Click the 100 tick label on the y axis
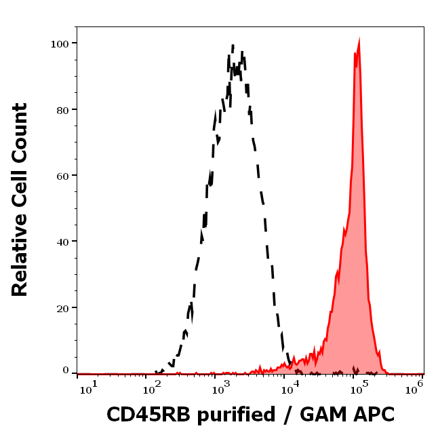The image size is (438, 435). click(61, 43)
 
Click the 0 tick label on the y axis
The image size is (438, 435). click(66, 371)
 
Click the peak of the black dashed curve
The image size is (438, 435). click(233, 46)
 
